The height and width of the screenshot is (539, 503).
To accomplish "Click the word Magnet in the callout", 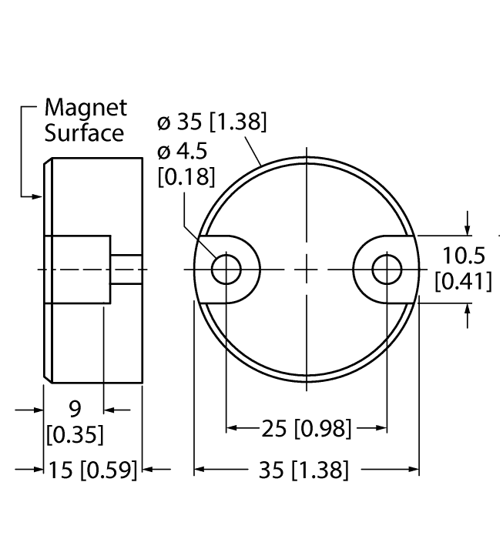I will click(86, 108).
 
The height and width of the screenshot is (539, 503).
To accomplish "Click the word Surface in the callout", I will click(83, 132).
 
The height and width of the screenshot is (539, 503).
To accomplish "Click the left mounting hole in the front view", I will click(226, 269).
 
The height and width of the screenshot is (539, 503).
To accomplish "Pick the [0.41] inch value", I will click(464, 282).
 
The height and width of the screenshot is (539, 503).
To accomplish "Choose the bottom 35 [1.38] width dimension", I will click(306, 469).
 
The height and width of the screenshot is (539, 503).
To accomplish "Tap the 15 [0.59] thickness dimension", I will click(91, 469).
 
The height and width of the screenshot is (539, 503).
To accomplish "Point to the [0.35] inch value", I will click(75, 434).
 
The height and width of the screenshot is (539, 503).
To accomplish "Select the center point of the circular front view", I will click(307, 269).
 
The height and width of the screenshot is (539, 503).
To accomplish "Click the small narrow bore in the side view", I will click(127, 269).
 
